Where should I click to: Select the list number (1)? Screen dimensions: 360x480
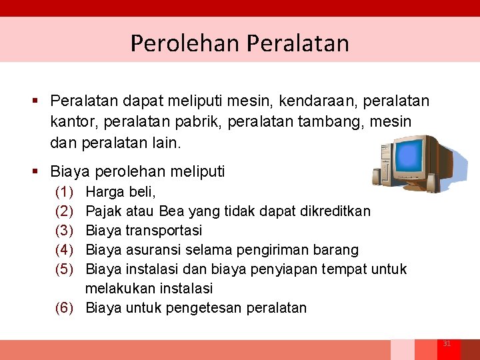(x=64, y=192)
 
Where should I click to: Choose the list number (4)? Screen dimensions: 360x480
(x=64, y=250)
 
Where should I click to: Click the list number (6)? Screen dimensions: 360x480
(x=64, y=308)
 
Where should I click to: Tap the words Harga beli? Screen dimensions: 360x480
(x=121, y=192)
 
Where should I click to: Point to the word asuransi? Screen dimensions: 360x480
(x=153, y=250)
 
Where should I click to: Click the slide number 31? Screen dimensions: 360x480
(x=447, y=344)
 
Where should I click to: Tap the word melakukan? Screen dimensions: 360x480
(x=117, y=289)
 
